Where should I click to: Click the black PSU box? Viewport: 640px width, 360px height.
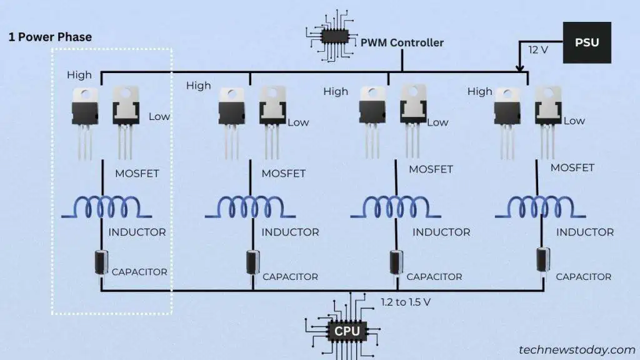click(x=586, y=42)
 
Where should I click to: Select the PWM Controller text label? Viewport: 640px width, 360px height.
click(x=402, y=43)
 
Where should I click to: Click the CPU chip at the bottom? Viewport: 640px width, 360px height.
click(x=347, y=331)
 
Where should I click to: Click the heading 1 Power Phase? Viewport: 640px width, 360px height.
click(x=50, y=37)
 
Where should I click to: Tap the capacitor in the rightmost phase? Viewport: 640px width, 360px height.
click(x=541, y=261)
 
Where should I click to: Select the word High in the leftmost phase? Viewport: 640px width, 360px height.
click(x=79, y=75)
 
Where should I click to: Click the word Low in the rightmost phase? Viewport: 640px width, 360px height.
click(x=574, y=121)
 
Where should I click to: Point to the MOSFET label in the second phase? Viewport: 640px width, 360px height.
click(x=284, y=173)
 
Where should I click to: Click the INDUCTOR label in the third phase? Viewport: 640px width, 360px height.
click(x=441, y=232)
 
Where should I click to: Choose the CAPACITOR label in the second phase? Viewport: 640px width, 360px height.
click(x=290, y=276)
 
